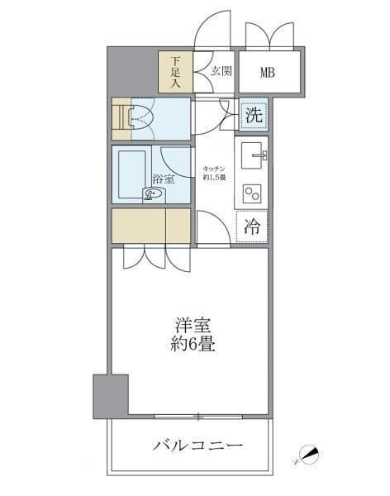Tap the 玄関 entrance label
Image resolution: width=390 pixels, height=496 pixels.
coord(220,70)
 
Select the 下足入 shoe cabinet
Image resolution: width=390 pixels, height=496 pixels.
coord(175,72)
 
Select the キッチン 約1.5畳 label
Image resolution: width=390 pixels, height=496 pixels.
coord(215,174)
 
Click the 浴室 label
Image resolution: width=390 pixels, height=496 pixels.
coord(163,179)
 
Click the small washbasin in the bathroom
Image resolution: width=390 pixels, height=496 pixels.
coord(153,194)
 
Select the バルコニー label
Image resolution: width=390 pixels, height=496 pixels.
coord(197,446)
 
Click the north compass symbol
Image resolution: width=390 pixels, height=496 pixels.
coord(307,454)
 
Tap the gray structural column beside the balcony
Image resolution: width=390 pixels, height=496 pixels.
coord(111,395)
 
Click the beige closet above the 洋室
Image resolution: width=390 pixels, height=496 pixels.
coord(151,226)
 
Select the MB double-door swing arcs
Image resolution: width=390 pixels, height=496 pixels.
coord(269,35)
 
